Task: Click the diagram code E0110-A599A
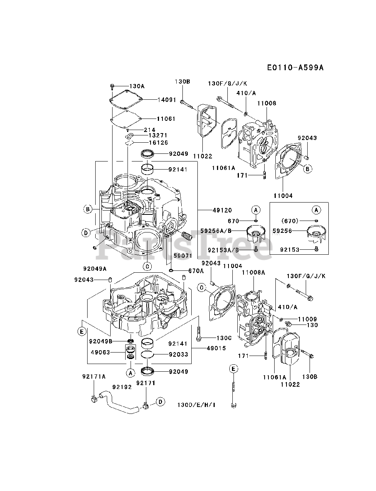(295, 68)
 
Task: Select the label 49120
(222, 210)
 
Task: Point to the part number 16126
(158, 142)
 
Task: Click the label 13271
(158, 135)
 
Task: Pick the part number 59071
(183, 256)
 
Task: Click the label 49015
(216, 348)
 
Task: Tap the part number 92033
(179, 354)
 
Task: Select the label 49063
(100, 352)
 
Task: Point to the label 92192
(122, 387)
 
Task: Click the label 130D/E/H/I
(196, 405)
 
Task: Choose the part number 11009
(307, 319)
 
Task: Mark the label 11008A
(253, 272)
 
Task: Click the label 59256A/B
(216, 231)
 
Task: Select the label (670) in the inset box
(290, 221)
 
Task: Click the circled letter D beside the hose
(160, 402)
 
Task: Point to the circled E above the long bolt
(234, 369)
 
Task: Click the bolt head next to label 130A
(112, 86)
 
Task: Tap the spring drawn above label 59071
(187, 236)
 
